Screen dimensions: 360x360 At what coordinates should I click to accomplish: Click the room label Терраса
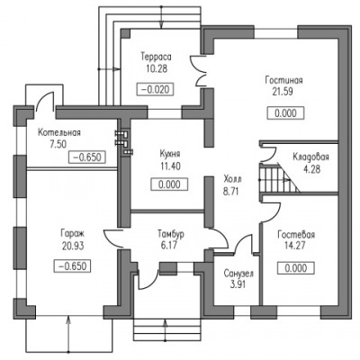tap(156, 57)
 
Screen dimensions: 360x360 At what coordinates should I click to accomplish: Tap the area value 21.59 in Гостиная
tap(283, 92)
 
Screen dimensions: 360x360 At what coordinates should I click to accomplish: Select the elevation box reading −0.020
tap(155, 89)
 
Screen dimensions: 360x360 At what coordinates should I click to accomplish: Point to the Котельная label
tap(59, 132)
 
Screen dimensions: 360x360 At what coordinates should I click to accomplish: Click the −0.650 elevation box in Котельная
tap(87, 157)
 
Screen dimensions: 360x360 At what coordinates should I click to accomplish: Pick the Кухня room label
tap(170, 154)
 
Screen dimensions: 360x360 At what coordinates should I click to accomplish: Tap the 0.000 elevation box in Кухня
tap(169, 184)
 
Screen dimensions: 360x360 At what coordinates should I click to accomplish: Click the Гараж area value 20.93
tap(73, 246)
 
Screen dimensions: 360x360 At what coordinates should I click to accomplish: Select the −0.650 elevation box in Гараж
tap(72, 266)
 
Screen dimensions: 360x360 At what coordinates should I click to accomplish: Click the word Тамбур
tap(171, 234)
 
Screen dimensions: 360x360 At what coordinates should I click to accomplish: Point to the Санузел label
tap(238, 274)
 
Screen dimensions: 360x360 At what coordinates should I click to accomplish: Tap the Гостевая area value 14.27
tap(294, 246)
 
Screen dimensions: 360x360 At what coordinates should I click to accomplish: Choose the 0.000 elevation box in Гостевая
tap(296, 268)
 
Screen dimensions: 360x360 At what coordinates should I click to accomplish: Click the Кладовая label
tap(310, 157)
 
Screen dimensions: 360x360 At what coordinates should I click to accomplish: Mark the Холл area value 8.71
tap(231, 192)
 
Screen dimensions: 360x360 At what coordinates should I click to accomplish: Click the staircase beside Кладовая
tap(279, 177)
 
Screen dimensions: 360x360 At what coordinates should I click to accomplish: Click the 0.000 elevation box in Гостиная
tap(285, 113)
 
